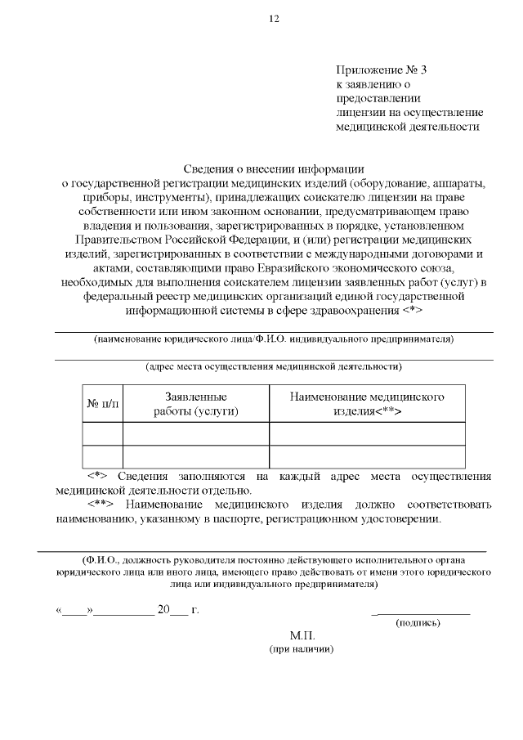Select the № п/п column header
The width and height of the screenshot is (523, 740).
[103, 403]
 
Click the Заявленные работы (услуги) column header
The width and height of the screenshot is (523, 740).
[196, 403]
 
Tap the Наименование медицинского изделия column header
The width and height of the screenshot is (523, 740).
[367, 403]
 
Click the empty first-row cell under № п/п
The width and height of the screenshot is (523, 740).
[103, 433]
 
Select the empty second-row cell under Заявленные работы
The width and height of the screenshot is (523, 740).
[196, 456]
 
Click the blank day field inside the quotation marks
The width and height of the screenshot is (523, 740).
[75, 610]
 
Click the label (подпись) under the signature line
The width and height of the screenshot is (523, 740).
[418, 622]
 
